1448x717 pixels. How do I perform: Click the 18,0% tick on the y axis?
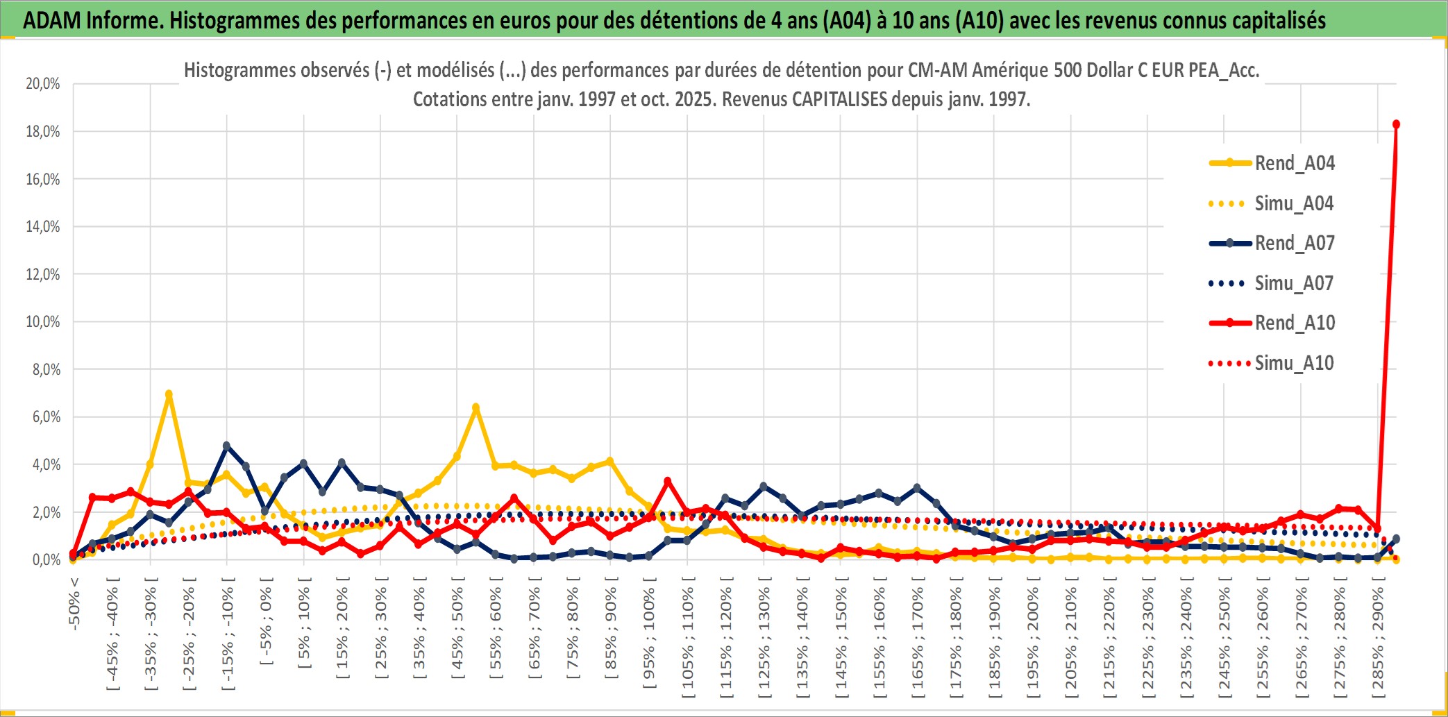click(x=43, y=131)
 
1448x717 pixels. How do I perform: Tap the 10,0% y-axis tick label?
click(x=43, y=321)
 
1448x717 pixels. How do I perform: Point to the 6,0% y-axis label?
click(x=46, y=416)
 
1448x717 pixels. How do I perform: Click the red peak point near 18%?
click(x=1396, y=124)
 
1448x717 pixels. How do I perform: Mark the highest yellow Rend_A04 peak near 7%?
click(x=169, y=394)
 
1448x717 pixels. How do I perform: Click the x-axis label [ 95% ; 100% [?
click(x=649, y=639)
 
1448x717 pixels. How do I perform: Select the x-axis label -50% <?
click(x=74, y=604)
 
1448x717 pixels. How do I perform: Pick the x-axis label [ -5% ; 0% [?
click(x=266, y=621)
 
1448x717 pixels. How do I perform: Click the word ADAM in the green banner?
click(x=52, y=20)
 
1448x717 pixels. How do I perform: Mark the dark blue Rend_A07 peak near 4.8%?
click(x=226, y=446)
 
